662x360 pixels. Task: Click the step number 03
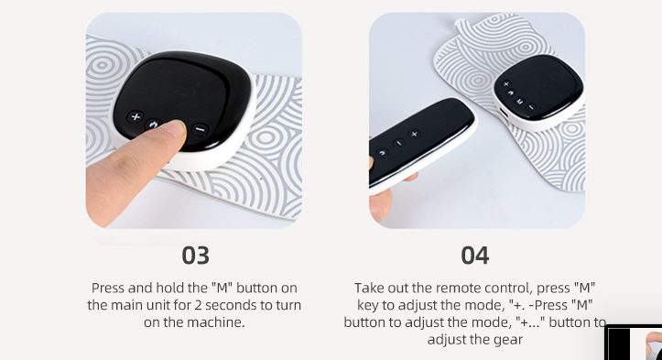coord(195,256)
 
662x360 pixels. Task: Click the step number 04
coord(475,256)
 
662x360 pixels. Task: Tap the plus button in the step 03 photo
coord(136,116)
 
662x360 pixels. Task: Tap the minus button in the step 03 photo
coord(201,129)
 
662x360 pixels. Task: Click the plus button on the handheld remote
coord(414,134)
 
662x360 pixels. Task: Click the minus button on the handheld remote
coord(398,143)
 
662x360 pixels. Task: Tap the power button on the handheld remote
coord(382,153)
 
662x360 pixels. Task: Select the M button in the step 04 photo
coord(520,102)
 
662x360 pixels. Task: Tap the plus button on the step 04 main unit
coord(505,84)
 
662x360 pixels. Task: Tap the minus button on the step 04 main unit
coord(532,107)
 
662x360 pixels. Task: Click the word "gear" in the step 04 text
coord(509,339)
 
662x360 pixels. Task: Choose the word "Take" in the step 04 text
coord(367,288)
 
